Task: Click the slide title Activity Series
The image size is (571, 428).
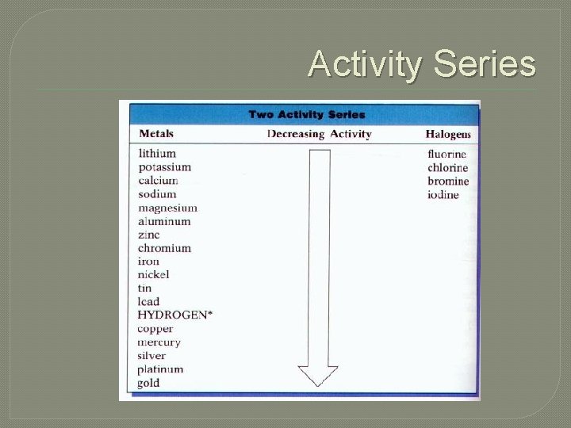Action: point(421,64)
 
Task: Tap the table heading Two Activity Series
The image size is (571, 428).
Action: point(307,114)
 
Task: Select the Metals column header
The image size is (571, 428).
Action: point(156,133)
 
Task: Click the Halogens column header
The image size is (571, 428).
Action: point(448,134)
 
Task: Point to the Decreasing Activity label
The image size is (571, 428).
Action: point(319,134)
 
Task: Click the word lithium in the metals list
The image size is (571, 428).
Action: point(157,153)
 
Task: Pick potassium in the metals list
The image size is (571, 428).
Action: point(164,167)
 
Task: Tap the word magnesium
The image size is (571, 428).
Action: point(167,208)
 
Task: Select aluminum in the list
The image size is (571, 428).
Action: point(164,221)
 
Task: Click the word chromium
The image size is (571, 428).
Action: point(164,248)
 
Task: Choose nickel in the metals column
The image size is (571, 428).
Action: point(153,274)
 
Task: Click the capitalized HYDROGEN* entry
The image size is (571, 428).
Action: point(174,315)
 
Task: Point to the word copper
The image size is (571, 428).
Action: point(155,329)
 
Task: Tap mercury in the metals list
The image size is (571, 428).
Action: point(159,342)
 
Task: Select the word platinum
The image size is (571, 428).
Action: point(160,369)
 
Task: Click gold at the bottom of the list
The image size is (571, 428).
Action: point(148,383)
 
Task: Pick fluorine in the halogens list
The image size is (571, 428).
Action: point(447,154)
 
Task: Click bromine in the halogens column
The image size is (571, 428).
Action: point(448,182)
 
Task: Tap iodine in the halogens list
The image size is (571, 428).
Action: point(443,195)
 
